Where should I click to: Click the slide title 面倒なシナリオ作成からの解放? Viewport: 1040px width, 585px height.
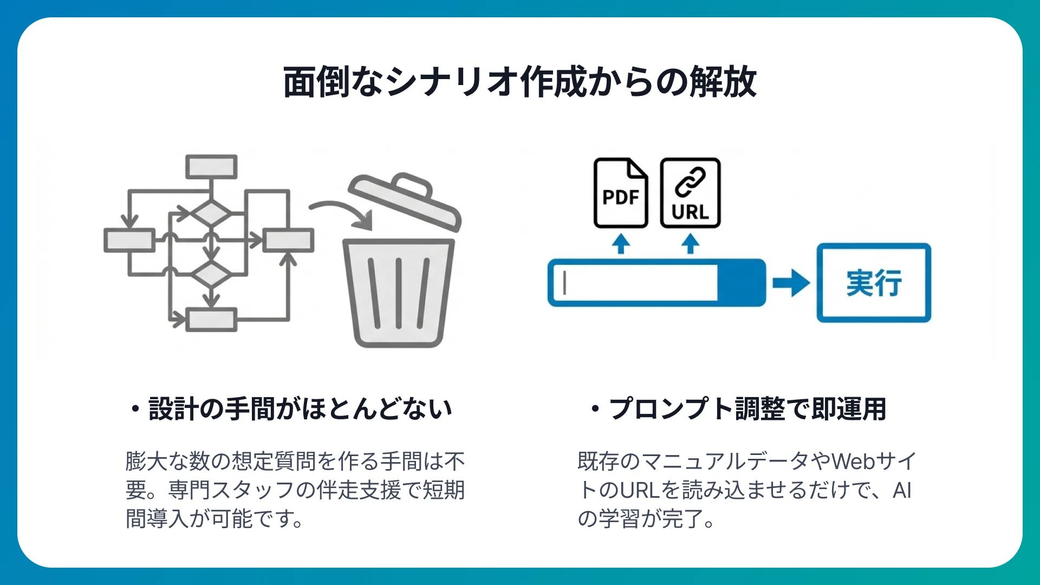[519, 82]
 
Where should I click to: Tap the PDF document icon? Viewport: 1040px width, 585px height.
[621, 193]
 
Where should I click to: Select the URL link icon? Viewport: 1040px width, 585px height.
[690, 193]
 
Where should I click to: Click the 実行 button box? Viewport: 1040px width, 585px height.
[874, 283]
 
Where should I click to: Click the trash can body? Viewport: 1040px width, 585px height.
[399, 292]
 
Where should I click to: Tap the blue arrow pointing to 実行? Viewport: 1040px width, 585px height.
[791, 283]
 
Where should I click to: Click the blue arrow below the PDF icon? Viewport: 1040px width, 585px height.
[621, 244]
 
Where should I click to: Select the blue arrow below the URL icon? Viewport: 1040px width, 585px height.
[690, 244]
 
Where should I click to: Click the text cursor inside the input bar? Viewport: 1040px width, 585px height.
[564, 283]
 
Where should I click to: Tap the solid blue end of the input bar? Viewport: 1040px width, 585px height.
[741, 283]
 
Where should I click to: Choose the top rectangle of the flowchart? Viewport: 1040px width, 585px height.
[211, 167]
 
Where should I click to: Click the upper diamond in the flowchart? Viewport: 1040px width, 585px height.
[211, 213]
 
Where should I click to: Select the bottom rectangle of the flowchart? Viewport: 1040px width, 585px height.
[211, 320]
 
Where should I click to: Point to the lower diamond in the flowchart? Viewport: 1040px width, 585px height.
[211, 275]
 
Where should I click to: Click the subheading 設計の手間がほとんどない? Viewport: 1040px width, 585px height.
[300, 409]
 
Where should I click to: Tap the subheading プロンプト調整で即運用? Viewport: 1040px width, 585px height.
[747, 409]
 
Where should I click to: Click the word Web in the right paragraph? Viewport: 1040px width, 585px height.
[853, 461]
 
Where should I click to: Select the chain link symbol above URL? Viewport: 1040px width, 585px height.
[690, 181]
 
